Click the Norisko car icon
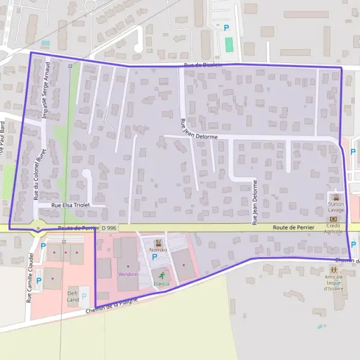coord(159,244)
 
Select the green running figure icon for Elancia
coord(161,274)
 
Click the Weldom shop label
coord(128,274)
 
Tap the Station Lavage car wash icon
coord(336,197)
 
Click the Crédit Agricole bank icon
coord(334,219)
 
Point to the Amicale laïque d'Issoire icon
coord(332,271)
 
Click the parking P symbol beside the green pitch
coord(226,28)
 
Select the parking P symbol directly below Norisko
coord(154,257)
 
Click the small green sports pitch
coord(229,44)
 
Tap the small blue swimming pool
coord(45,43)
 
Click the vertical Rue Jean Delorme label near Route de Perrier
coord(254,202)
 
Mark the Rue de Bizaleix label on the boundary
coord(203,65)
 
